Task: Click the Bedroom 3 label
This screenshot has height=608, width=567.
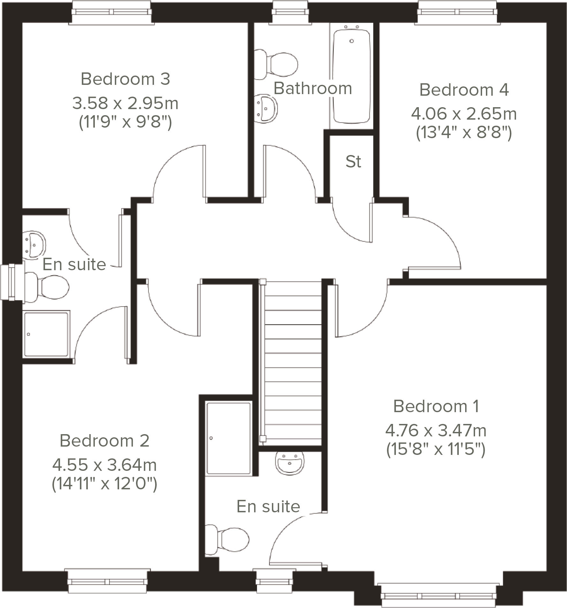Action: click(x=125, y=79)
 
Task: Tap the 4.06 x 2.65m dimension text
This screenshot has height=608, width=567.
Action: click(x=464, y=114)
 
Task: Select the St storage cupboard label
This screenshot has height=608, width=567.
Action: click(x=353, y=162)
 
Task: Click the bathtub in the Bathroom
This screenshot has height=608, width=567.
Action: click(x=352, y=77)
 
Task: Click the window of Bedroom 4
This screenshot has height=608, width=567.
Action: click(x=458, y=12)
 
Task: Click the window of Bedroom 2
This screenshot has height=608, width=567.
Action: click(x=108, y=581)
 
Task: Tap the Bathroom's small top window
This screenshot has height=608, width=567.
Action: click(x=292, y=12)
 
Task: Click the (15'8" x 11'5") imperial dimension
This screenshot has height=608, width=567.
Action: click(x=435, y=450)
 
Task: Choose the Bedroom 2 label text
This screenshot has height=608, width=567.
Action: click(x=104, y=441)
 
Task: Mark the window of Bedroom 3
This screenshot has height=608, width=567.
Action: click(x=112, y=12)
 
